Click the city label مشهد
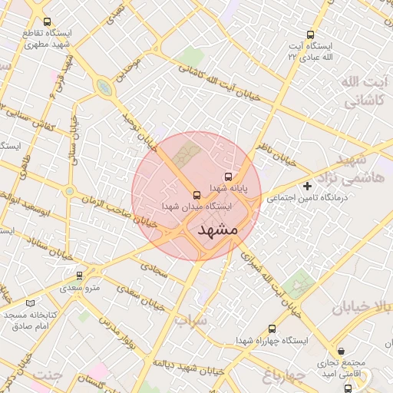tap(218, 230)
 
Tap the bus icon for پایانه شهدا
tap(226, 177)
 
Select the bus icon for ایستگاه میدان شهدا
tap(196, 195)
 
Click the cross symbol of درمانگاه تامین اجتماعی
tap(308, 187)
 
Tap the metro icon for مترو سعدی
tap(80, 275)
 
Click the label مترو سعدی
tap(80, 287)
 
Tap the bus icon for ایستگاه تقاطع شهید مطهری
tap(48, 22)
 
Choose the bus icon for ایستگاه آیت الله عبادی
tap(310, 35)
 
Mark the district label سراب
tap(190, 319)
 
